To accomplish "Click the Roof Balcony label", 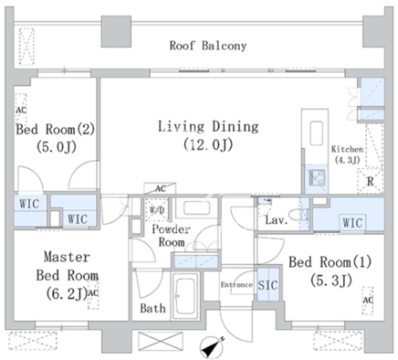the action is click(208, 46).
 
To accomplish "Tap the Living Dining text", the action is click(208, 127).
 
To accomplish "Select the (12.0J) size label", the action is click(208, 144).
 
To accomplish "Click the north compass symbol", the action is click(212, 347).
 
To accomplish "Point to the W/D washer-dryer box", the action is click(157, 209).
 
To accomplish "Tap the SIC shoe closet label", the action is click(267, 285).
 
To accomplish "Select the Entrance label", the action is click(236, 285).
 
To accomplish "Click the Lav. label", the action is click(277, 220).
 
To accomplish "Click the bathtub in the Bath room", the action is click(185, 296).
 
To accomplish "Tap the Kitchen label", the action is click(347, 149).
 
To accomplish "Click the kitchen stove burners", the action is click(317, 177).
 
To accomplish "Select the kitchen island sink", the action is click(317, 133).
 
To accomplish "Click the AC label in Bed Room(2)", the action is click(21, 111).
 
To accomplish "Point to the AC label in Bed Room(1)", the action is click(368, 301).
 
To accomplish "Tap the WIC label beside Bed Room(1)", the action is click(352, 223).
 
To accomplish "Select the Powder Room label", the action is click(172, 236).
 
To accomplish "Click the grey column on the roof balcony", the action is click(116, 31).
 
